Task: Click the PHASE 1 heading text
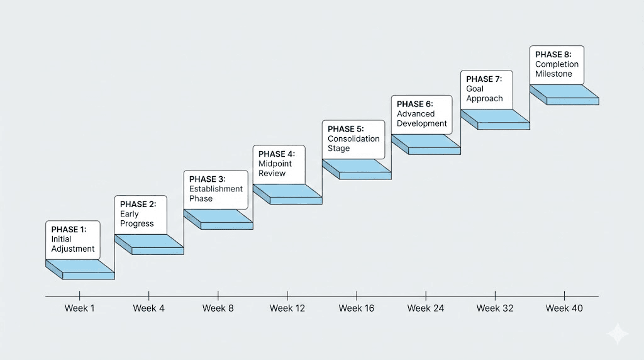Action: click(x=69, y=229)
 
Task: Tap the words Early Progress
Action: click(x=136, y=219)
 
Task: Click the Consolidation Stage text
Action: click(x=353, y=143)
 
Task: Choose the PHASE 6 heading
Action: click(x=415, y=104)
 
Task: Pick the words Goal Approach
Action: click(x=484, y=94)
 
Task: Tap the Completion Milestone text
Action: click(x=557, y=69)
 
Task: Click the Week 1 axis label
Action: click(x=79, y=308)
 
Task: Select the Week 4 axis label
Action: click(x=148, y=308)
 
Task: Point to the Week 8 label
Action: click(x=218, y=308)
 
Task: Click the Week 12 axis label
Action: click(x=287, y=308)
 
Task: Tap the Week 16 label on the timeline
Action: click(x=356, y=308)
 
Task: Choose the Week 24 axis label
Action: click(x=425, y=308)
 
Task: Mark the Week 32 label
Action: click(x=494, y=308)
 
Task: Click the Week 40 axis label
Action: click(x=563, y=308)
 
